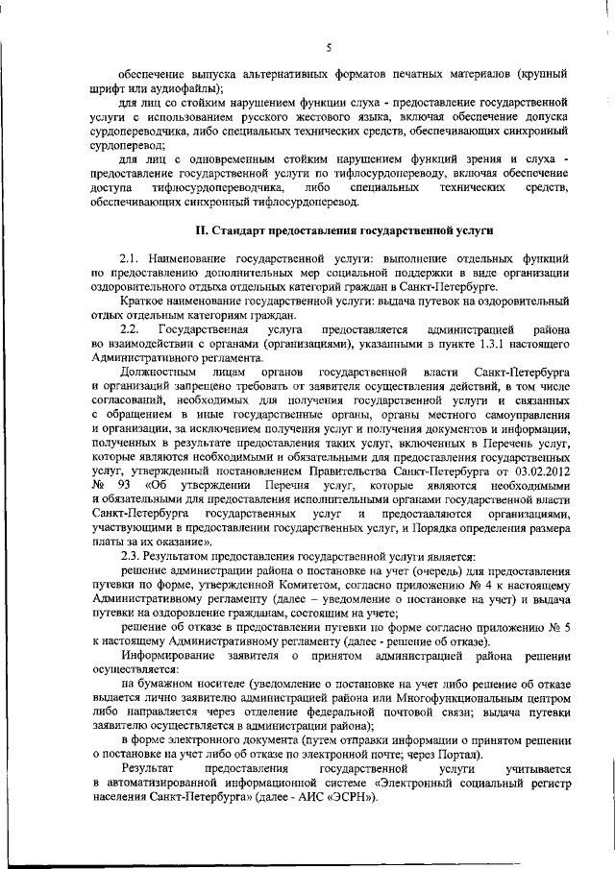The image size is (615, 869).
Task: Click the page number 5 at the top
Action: tap(328, 48)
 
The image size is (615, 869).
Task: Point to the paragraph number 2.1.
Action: tap(134, 259)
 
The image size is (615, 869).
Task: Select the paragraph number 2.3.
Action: tap(134, 557)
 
